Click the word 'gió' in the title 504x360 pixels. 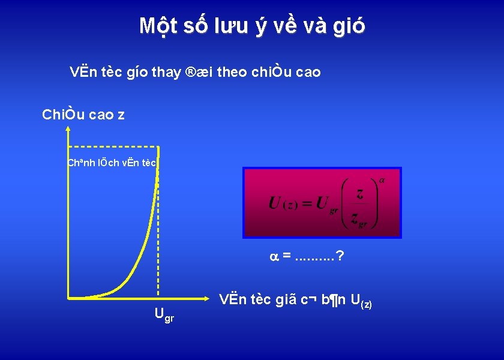346,26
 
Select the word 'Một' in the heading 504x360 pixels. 157,26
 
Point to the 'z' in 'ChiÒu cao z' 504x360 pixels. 121,115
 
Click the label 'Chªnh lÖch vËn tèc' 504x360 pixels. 112,163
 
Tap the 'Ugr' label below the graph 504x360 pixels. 164,314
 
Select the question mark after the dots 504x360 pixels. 340,257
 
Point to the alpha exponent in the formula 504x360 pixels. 382,180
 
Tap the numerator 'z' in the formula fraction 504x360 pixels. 359,193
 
